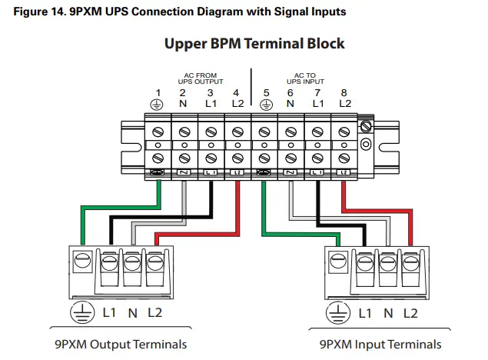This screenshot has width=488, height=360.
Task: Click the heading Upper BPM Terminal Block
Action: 254,43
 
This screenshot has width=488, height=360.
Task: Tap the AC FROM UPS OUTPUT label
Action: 198,78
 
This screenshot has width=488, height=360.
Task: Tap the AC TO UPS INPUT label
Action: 305,78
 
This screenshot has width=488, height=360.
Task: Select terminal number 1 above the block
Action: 157,92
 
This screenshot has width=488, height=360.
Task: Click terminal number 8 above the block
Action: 344,92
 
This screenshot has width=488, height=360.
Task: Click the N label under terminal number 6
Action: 290,104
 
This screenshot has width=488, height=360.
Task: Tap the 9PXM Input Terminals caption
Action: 380,344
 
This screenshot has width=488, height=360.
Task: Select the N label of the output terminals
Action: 131,314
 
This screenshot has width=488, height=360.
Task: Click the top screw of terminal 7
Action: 317,131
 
